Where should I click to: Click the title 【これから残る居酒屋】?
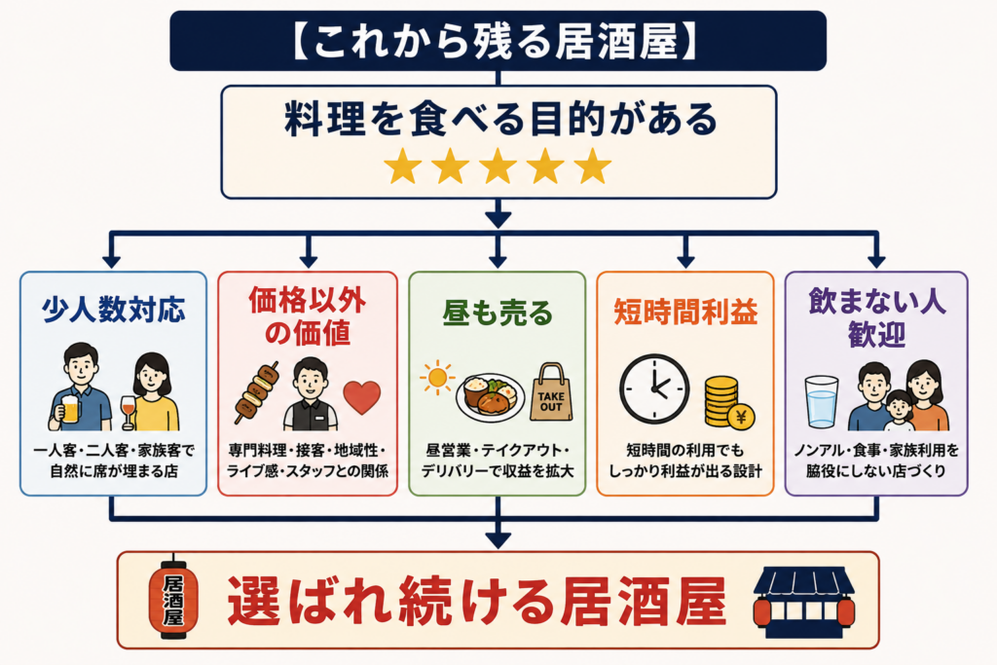pos(498,41)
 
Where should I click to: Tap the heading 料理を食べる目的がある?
pos(500,120)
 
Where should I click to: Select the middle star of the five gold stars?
pos(498,166)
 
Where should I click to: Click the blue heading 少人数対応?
pos(113,311)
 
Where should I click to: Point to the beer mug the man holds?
pos(69,409)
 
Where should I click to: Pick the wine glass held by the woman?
pos(128,411)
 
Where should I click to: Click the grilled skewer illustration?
pos(257,392)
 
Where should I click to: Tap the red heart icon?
pos(362,397)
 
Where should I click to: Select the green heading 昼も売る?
pos(498,313)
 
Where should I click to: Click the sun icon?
pos(437,378)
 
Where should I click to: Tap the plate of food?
pos(491,396)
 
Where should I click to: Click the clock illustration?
pos(654,389)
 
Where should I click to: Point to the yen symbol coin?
pos(741,417)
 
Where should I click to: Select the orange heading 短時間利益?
pos(685,313)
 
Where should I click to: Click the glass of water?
pos(822,402)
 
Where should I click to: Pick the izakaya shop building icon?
pos(803,601)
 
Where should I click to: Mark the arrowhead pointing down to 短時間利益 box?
pos(685,261)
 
